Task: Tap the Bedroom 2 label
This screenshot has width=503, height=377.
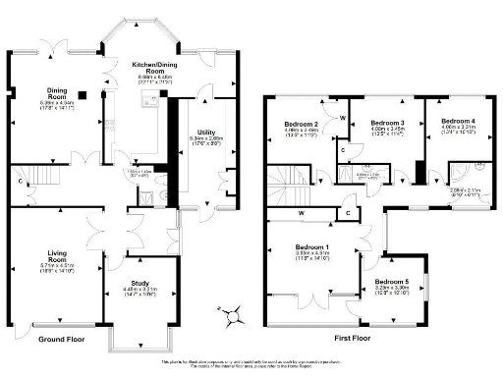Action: point(285,124)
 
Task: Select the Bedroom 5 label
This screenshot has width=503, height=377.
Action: point(393,282)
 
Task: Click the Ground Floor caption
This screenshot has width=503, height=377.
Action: point(59,340)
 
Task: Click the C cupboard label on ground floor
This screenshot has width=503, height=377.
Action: point(20,180)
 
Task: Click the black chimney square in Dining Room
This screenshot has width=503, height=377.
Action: point(84,95)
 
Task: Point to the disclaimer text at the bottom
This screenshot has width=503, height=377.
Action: point(251,363)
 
